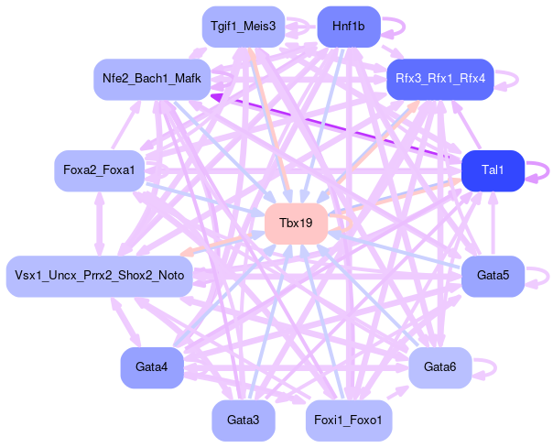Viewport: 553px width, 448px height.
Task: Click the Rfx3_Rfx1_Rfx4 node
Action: tap(441, 80)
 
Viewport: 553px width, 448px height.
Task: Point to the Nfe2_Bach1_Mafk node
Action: tap(152, 80)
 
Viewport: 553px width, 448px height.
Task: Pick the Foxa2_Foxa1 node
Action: tap(99, 170)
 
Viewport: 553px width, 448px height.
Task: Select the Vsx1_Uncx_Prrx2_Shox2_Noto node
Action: tap(99, 276)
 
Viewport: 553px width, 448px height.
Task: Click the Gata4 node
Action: tap(151, 367)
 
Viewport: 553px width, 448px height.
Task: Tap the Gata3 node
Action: tap(243, 420)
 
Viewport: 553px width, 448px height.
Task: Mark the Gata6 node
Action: tap(440, 367)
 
